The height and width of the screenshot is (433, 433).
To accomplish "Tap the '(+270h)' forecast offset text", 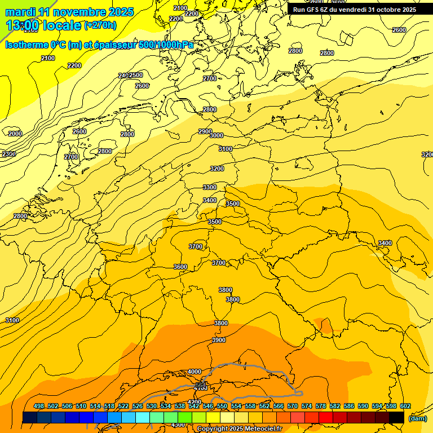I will tap(100, 25).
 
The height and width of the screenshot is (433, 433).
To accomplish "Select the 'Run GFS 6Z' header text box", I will tap(354, 10).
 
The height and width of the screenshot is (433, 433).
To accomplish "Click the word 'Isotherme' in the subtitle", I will tap(26, 45).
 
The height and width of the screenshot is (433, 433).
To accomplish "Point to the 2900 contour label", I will tap(205, 131).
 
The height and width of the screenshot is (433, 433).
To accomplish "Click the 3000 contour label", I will tap(216, 135).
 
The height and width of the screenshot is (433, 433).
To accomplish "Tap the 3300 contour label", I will tap(210, 187).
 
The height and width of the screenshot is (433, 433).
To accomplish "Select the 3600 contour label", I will tap(180, 267).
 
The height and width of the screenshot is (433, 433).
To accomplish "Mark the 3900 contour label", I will tap(219, 340).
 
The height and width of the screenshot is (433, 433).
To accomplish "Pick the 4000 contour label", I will tap(195, 372).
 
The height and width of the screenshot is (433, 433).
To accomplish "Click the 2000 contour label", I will tap(15, 134).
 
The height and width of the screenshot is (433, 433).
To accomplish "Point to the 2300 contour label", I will tap(8, 154).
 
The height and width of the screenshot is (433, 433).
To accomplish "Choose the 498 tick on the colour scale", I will tap(39, 406).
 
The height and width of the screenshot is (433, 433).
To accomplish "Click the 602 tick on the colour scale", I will tap(405, 406).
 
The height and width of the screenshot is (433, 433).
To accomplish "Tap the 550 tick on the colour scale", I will tap(222, 406).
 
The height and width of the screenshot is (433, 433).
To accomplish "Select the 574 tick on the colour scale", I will tap(307, 406).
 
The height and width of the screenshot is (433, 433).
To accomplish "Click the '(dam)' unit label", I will tap(418, 418).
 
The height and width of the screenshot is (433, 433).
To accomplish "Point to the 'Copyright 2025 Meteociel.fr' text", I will tap(239, 429).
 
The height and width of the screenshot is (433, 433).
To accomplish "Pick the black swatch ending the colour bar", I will tap(397, 417).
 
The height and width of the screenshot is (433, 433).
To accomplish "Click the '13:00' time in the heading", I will tap(23, 25).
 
